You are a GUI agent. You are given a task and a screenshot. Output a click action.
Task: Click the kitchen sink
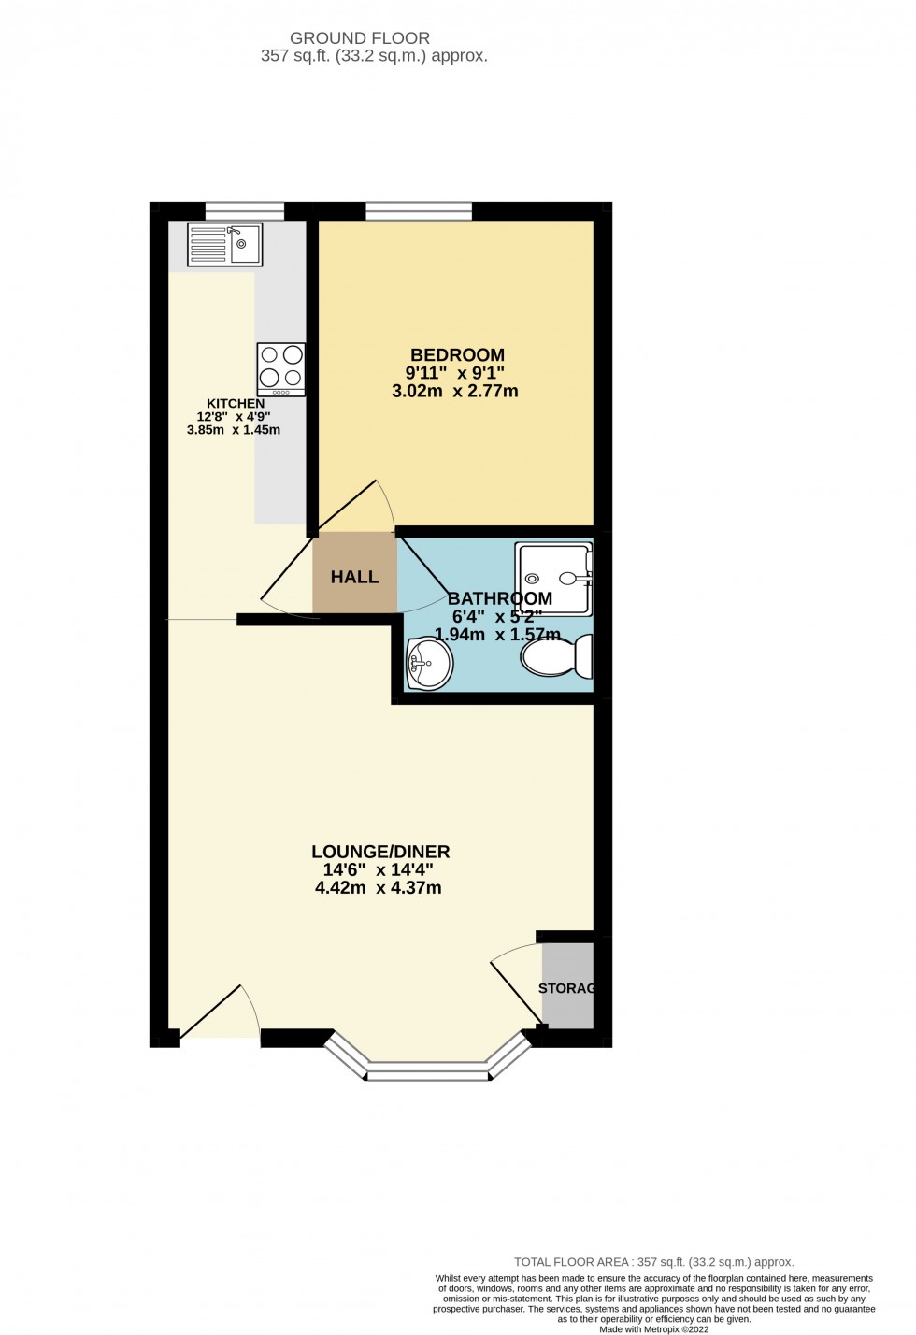tap(225, 245)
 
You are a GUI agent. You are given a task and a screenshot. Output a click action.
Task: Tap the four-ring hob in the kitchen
tap(281, 368)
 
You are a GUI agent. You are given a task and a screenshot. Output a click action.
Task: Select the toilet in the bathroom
tap(558, 656)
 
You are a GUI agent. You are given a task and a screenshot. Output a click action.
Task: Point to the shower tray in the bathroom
tap(554, 579)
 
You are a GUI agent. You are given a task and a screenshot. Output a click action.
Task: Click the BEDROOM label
tap(457, 355)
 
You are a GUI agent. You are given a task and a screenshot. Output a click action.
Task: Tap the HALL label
tap(354, 577)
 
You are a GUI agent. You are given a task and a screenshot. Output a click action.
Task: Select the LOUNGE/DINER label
tap(380, 852)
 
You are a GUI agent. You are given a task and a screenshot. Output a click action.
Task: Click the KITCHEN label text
tap(236, 404)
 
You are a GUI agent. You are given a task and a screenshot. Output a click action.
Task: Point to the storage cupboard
tap(567, 986)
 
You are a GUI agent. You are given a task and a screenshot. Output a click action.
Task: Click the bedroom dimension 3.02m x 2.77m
tap(454, 391)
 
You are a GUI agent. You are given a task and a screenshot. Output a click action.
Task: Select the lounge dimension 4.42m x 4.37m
tap(379, 887)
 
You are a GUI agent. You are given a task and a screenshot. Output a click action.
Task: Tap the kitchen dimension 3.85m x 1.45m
tap(234, 430)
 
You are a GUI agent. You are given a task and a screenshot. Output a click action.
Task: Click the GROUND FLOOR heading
tap(360, 38)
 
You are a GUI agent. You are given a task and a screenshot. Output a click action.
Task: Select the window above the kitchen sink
tap(244, 211)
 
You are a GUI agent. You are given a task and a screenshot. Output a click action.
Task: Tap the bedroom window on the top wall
tap(419, 211)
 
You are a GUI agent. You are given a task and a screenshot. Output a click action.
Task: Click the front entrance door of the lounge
tap(216, 1014)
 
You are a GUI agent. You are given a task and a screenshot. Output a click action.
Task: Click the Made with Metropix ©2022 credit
tap(653, 1328)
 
